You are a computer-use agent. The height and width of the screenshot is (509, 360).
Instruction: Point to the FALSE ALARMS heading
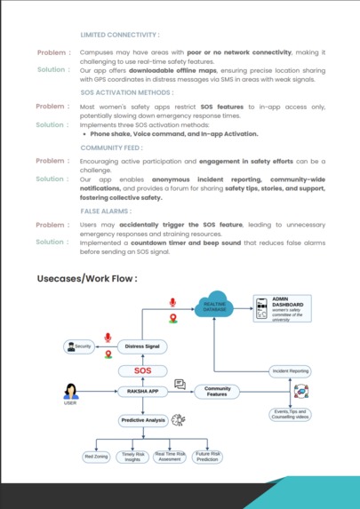pyautogui.click(x=106, y=211)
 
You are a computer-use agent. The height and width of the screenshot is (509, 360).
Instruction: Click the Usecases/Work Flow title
pyautogui.click(x=87, y=278)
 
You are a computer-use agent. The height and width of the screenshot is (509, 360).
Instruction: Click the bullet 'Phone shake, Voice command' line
pyautogui.click(x=173, y=134)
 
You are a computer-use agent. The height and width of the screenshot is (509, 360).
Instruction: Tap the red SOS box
pyautogui.click(x=143, y=370)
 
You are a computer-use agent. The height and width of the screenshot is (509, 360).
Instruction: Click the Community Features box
pyautogui.click(x=217, y=391)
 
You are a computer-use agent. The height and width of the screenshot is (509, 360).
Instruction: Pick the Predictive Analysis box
pyautogui.click(x=143, y=420)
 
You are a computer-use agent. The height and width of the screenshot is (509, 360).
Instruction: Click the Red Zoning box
pyautogui.click(x=95, y=457)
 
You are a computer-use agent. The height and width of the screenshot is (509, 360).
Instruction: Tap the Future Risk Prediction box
pyautogui.click(x=208, y=457)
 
